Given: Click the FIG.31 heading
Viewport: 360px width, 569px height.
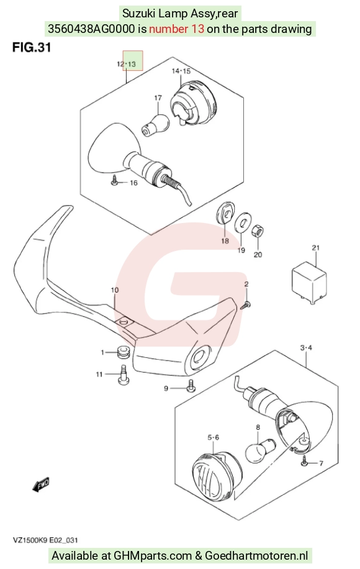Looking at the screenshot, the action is click(x=32, y=47).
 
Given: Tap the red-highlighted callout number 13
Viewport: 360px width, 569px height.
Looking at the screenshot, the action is click(x=132, y=64).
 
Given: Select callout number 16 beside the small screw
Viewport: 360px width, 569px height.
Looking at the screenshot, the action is click(x=134, y=183).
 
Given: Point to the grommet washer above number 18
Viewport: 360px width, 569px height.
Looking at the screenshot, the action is click(x=225, y=212).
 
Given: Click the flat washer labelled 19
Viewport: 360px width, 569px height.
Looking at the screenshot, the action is click(x=243, y=222).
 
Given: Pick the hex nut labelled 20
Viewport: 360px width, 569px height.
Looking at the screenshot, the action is click(x=258, y=231).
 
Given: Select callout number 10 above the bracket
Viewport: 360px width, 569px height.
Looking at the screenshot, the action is click(x=115, y=290).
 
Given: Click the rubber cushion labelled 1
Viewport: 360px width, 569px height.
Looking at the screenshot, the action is click(x=124, y=352).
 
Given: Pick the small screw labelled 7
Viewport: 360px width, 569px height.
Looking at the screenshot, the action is click(x=305, y=461).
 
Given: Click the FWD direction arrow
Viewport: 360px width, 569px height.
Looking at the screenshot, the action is click(x=41, y=485).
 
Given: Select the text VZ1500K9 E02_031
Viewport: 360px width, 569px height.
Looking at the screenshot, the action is click(x=45, y=540).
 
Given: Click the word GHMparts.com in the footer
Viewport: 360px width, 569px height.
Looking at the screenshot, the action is click(x=153, y=555).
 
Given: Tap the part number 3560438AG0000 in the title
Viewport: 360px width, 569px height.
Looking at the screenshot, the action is click(x=91, y=29).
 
